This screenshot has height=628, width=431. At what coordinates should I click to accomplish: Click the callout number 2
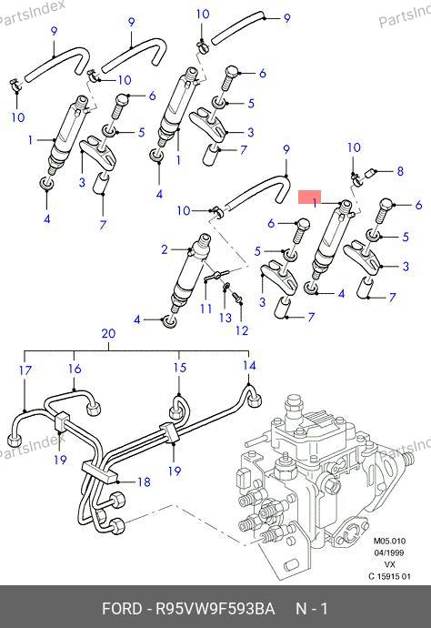tap(165, 249)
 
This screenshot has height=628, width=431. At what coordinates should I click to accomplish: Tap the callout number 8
tap(400, 171)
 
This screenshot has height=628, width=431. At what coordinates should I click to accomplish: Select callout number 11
tap(206, 309)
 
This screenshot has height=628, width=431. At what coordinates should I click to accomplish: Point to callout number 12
tap(242, 330)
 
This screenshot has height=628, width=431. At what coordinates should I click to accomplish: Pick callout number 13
tap(226, 318)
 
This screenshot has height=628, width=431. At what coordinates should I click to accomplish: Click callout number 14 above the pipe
tap(249, 365)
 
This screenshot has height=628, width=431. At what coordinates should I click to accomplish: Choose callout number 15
tap(180, 367)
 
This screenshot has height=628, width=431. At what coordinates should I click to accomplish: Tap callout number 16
tap(75, 369)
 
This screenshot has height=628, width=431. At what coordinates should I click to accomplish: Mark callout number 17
tap(25, 370)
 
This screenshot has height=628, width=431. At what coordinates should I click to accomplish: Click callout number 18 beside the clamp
tap(144, 481)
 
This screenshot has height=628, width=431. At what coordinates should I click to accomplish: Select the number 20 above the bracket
tap(108, 334)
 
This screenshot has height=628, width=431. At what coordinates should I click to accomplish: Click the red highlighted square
tap(310, 197)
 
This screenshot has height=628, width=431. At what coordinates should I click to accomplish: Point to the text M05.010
tap(389, 541)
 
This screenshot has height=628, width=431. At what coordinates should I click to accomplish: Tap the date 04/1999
tap(389, 552)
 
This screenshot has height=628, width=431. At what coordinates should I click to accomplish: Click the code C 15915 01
tap(389, 577)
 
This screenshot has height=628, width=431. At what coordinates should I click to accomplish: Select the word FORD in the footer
tap(122, 609)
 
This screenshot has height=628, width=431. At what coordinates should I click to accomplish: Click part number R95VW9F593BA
tap(215, 609)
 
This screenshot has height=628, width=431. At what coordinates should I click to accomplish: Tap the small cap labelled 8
tap(371, 175)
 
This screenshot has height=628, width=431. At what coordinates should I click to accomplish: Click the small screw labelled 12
tap(237, 297)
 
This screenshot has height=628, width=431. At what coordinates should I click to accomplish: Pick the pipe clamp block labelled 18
tap(100, 471)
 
